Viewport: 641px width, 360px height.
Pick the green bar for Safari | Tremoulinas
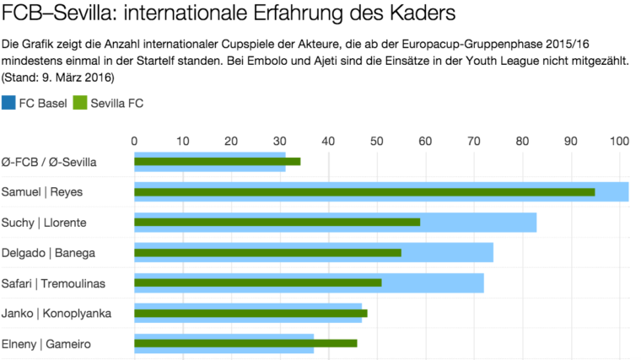pos(257,282)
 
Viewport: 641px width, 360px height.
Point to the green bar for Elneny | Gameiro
pos(245,343)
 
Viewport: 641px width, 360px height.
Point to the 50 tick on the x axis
pos(377,141)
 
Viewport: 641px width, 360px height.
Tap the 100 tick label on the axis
pos(620,141)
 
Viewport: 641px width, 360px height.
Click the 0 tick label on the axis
pos(135,141)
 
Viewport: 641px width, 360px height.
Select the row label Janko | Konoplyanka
pos(56,313)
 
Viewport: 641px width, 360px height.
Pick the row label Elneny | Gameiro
pos(46,343)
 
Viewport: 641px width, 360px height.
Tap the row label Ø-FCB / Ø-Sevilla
pos(50,161)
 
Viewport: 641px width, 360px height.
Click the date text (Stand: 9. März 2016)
pos(58,78)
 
